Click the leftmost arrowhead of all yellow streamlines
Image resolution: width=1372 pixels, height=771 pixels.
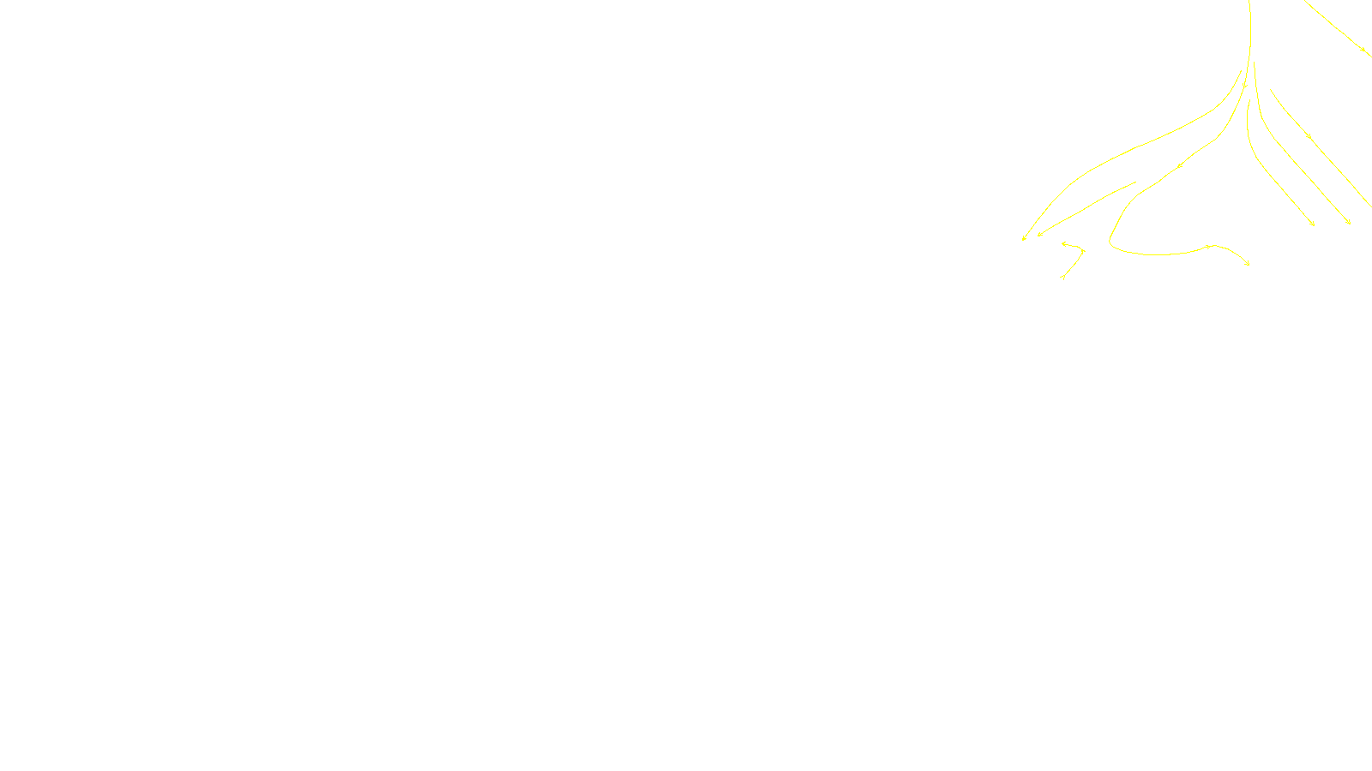[x=1024, y=239]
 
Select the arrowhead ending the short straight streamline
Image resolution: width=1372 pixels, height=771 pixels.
[x=1039, y=234]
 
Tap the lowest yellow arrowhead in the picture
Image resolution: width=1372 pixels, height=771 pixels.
[x=1062, y=277]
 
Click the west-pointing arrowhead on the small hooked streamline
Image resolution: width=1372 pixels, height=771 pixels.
[x=1063, y=244]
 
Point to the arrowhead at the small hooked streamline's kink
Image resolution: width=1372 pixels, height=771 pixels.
[x=1082, y=251]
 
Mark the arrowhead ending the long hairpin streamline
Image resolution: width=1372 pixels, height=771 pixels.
[x=1248, y=264]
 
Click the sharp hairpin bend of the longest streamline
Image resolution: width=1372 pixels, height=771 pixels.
[x=1110, y=242]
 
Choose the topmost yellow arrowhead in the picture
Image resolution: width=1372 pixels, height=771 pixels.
[x=1363, y=50]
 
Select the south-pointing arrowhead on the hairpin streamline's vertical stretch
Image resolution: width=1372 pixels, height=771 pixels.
[x=1244, y=86]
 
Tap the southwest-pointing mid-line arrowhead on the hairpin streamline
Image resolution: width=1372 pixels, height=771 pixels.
[x=1180, y=165]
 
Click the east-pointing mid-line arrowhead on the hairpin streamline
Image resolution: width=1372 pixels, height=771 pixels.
[x=1209, y=247]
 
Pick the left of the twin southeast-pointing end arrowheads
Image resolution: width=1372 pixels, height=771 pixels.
[x=1313, y=224]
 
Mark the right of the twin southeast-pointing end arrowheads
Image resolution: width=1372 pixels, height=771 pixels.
[x=1349, y=223]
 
